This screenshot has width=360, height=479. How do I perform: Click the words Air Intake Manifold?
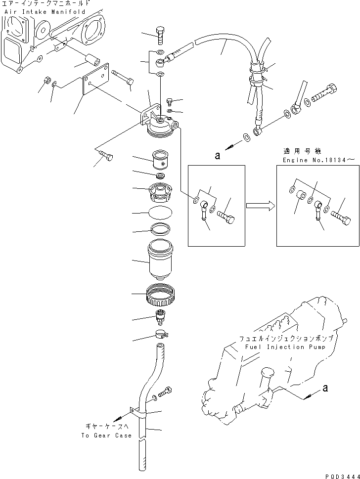click(45, 12)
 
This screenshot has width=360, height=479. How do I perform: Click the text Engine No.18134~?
click(315, 160)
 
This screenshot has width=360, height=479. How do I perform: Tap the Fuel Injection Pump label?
click(285, 347)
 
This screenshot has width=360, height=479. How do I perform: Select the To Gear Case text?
click(106, 435)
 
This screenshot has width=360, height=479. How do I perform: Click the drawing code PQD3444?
click(342, 476)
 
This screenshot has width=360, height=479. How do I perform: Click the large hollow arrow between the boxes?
click(261, 206)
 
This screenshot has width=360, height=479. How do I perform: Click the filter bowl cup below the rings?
click(160, 260)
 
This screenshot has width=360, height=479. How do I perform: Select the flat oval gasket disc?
click(160, 213)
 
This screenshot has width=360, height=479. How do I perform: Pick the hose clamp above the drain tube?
click(161, 334)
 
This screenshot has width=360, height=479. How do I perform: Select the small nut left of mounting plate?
click(46, 81)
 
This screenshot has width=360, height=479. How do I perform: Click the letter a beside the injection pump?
click(325, 388)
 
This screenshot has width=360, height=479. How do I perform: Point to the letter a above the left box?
click(217, 156)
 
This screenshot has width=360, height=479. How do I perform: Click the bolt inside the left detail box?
click(225, 217)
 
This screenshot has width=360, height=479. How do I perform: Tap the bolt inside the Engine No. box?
click(340, 217)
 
